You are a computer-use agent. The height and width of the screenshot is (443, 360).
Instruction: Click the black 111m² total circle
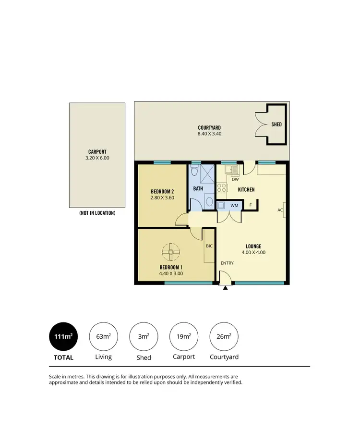63,336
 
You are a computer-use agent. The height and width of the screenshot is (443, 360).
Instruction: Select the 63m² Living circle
103,336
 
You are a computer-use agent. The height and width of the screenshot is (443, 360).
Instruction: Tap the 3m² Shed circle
144,336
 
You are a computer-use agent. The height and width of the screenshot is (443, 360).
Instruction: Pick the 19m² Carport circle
184,336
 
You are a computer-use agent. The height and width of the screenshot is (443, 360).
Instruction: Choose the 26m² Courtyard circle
224,336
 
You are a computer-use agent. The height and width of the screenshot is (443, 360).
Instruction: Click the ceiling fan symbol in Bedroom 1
170,251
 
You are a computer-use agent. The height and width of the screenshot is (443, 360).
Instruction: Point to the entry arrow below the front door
225,288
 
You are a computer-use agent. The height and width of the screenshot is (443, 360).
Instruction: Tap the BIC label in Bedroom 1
209,246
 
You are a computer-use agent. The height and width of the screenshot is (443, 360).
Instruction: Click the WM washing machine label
235,206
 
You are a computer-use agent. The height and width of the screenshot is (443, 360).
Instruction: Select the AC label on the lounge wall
280,210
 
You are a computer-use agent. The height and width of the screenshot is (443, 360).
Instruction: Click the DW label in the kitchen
235,180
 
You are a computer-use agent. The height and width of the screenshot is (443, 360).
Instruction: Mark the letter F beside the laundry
250,206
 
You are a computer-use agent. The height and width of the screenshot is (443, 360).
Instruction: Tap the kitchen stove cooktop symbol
221,187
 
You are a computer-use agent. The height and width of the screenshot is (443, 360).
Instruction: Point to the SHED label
276,124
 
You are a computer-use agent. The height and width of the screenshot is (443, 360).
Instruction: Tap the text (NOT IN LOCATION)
97,213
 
